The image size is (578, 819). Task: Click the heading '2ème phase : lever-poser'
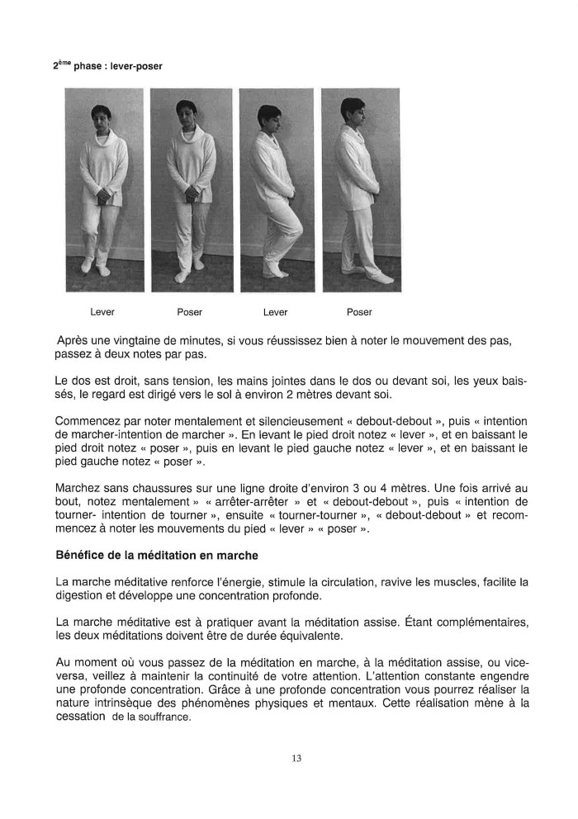pyautogui.click(x=102, y=67)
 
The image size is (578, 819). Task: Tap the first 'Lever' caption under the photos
pyautogui.click(x=102, y=312)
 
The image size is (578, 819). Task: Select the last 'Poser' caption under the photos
pyautogui.click(x=359, y=312)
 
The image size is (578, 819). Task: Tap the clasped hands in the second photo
pyautogui.click(x=191, y=195)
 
